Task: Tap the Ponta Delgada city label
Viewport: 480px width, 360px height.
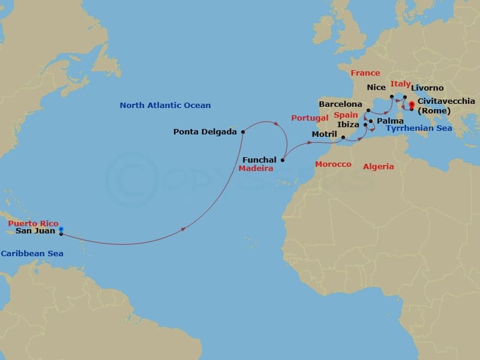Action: coord(205,132)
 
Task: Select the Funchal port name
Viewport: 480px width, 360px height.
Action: coord(260,160)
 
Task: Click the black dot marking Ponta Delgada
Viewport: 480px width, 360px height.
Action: coord(243,132)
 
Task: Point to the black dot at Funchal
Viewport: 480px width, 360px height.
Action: coord(283,160)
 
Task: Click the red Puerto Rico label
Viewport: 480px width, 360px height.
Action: coord(34,223)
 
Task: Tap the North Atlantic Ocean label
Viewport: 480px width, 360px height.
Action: coord(165,106)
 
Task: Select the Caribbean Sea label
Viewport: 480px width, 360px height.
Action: coord(32,254)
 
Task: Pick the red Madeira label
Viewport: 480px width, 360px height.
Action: coord(256,169)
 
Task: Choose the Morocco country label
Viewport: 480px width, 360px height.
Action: coord(333,164)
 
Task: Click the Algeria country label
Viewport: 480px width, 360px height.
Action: coord(379,167)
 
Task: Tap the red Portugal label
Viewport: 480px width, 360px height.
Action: coord(310,118)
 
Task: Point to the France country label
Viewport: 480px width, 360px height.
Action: coord(365,73)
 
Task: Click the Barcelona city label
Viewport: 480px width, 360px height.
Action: coord(341,104)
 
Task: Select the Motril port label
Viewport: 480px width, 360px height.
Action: coord(325,134)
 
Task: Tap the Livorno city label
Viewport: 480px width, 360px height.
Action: coord(428,88)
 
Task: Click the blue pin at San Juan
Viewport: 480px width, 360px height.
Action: coord(61,229)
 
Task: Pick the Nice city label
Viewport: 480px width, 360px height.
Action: coord(376,88)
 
